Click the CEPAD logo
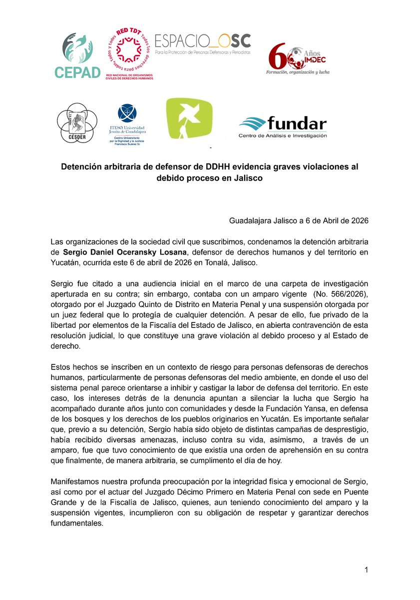[77, 56]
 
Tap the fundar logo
[283, 127]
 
